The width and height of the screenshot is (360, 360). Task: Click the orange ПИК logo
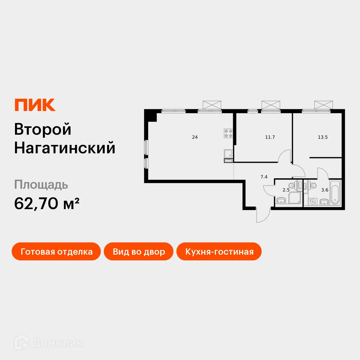(35, 105)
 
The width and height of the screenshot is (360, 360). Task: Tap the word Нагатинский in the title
(65, 148)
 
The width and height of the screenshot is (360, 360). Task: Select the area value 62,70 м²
(47, 203)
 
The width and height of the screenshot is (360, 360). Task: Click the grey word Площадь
(41, 185)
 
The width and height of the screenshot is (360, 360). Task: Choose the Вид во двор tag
(139, 251)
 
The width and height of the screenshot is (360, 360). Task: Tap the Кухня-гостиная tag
(219, 251)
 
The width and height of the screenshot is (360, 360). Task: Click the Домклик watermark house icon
(22, 342)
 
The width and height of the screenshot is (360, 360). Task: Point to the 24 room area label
(195, 137)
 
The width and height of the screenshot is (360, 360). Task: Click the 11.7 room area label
(270, 137)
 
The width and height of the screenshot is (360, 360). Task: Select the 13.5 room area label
(322, 137)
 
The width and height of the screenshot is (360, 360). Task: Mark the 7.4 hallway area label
(264, 177)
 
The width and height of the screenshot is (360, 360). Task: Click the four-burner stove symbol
(229, 133)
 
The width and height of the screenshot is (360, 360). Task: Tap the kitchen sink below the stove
(228, 154)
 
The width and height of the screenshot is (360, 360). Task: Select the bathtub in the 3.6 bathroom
(335, 192)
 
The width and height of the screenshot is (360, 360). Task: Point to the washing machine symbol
(313, 202)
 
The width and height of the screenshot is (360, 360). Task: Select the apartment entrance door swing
(263, 215)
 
